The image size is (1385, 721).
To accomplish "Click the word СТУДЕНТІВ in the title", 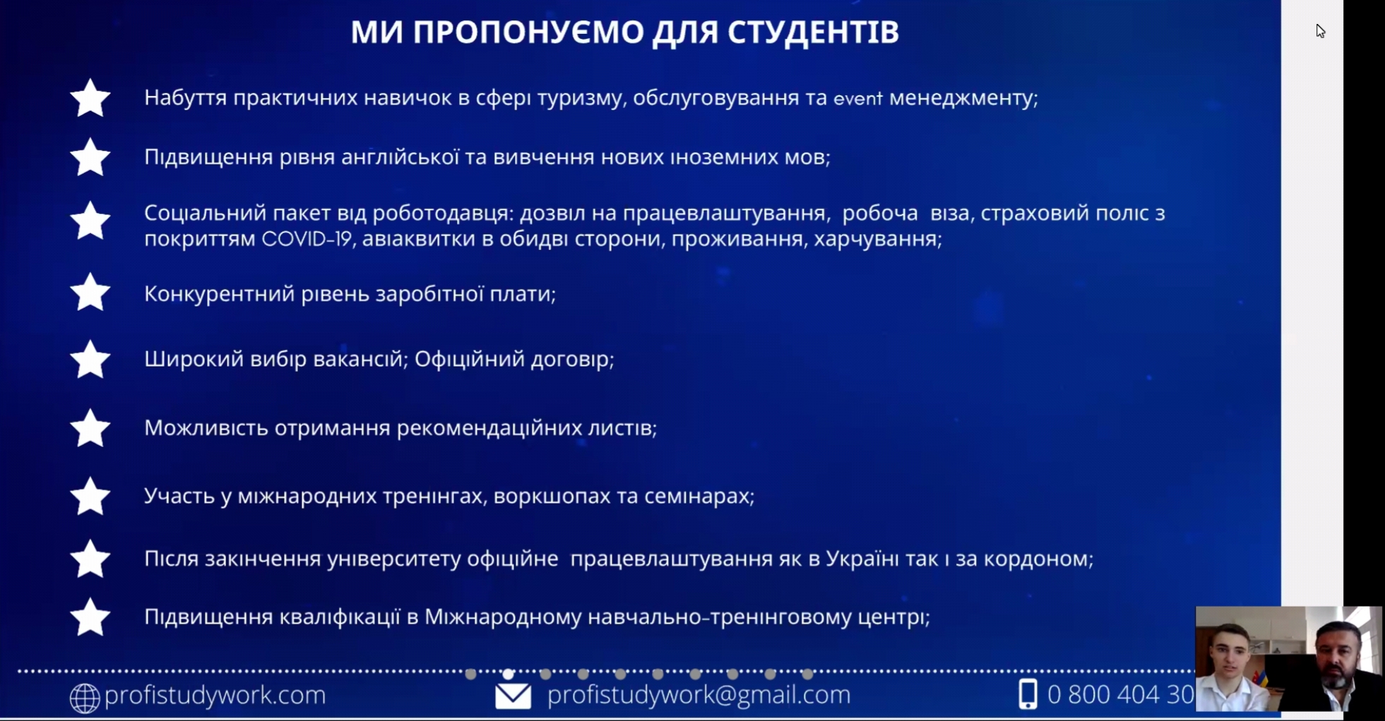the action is (x=812, y=32).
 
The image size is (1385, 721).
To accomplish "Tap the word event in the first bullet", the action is (x=857, y=98).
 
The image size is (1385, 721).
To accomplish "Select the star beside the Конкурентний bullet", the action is (x=90, y=292).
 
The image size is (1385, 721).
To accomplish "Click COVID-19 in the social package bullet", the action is (x=307, y=239).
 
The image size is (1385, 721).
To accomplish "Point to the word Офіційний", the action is (x=467, y=359).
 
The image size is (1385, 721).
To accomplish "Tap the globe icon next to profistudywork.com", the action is (x=84, y=698).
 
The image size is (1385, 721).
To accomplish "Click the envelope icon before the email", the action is (x=513, y=696).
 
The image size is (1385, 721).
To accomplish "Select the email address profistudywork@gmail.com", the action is (x=699, y=695).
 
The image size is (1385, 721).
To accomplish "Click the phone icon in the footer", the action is (x=1028, y=694).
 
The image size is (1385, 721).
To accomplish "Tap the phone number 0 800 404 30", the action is (x=1120, y=695).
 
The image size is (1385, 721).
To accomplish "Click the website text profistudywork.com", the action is (x=215, y=696).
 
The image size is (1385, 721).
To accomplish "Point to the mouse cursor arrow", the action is (x=1320, y=31).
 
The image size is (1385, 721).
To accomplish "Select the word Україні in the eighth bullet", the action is (x=862, y=559).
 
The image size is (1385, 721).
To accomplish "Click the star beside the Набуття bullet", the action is (x=90, y=97).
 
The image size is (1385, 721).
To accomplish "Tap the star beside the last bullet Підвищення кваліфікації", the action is (x=90, y=616).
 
